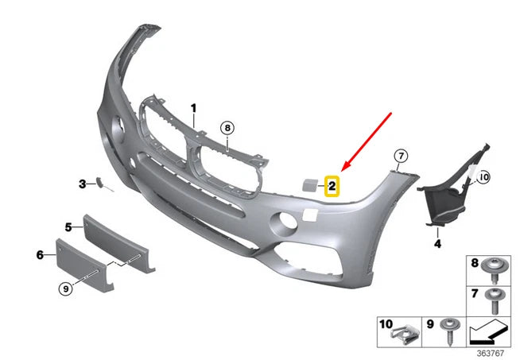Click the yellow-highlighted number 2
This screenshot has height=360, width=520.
click(332, 186)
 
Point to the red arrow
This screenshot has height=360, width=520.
click(367, 141)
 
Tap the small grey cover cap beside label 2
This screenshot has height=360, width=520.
click(310, 184)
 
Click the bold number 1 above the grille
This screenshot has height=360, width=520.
click(194, 108)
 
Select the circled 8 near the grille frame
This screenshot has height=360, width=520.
click(227, 128)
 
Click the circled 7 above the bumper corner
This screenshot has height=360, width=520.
click(401, 156)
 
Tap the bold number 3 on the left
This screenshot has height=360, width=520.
click(83, 184)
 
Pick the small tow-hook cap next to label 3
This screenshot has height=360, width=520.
click(100, 182)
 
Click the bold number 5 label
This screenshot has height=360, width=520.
click(68, 227)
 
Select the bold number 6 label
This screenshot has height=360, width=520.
click(40, 254)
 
